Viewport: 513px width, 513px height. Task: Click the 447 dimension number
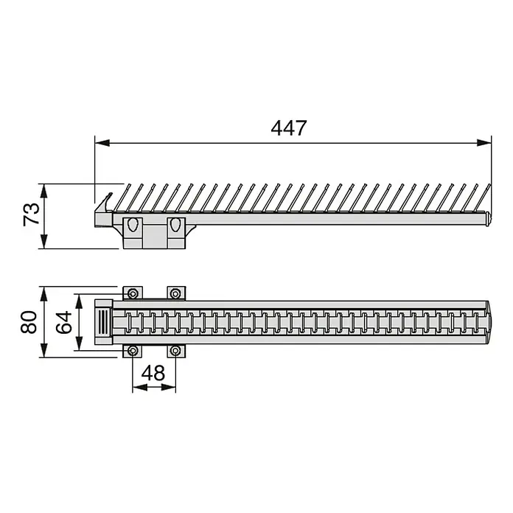pyautogui.click(x=289, y=128)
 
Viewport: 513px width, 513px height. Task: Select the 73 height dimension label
pyautogui.click(x=32, y=214)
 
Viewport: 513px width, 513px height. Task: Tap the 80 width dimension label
pyautogui.click(x=29, y=322)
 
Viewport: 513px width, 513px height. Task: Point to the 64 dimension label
pyautogui.click(x=63, y=322)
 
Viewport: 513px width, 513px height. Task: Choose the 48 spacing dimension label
pyautogui.click(x=153, y=373)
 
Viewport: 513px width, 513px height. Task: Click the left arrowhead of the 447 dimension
pyautogui.click(x=102, y=143)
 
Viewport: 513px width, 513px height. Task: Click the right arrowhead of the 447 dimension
pyautogui.click(x=484, y=143)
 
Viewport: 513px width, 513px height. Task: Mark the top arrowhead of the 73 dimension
pyautogui.click(x=43, y=191)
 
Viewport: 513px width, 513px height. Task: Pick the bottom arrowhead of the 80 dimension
pyautogui.click(x=43, y=350)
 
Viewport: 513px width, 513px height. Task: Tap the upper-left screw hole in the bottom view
pyautogui.click(x=133, y=293)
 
